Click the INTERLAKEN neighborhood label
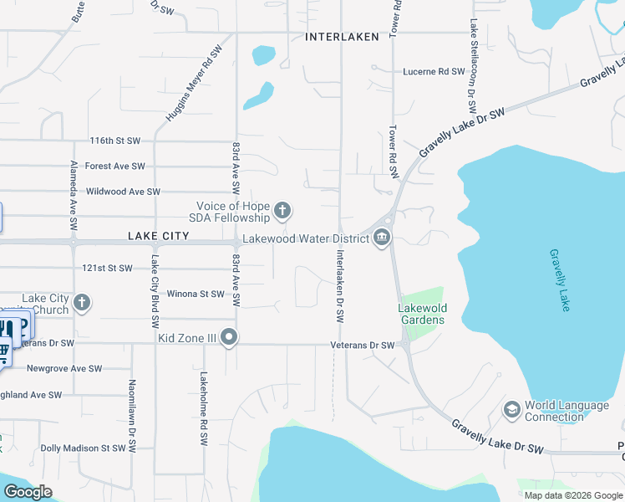point(342,37)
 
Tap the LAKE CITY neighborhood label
point(159,237)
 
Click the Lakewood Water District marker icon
point(383,238)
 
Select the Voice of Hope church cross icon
point(282,210)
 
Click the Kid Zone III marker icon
point(229,338)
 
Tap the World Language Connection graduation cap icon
point(511,410)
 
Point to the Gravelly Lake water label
point(558,280)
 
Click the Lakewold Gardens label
point(421,314)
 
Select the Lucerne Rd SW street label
point(434,73)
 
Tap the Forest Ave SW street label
point(114,166)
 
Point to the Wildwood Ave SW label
point(123,192)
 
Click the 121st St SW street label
point(107,269)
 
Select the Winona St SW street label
point(196,294)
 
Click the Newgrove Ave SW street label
point(64,368)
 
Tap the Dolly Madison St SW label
point(83,448)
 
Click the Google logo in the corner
point(28,492)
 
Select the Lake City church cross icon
point(81,303)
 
